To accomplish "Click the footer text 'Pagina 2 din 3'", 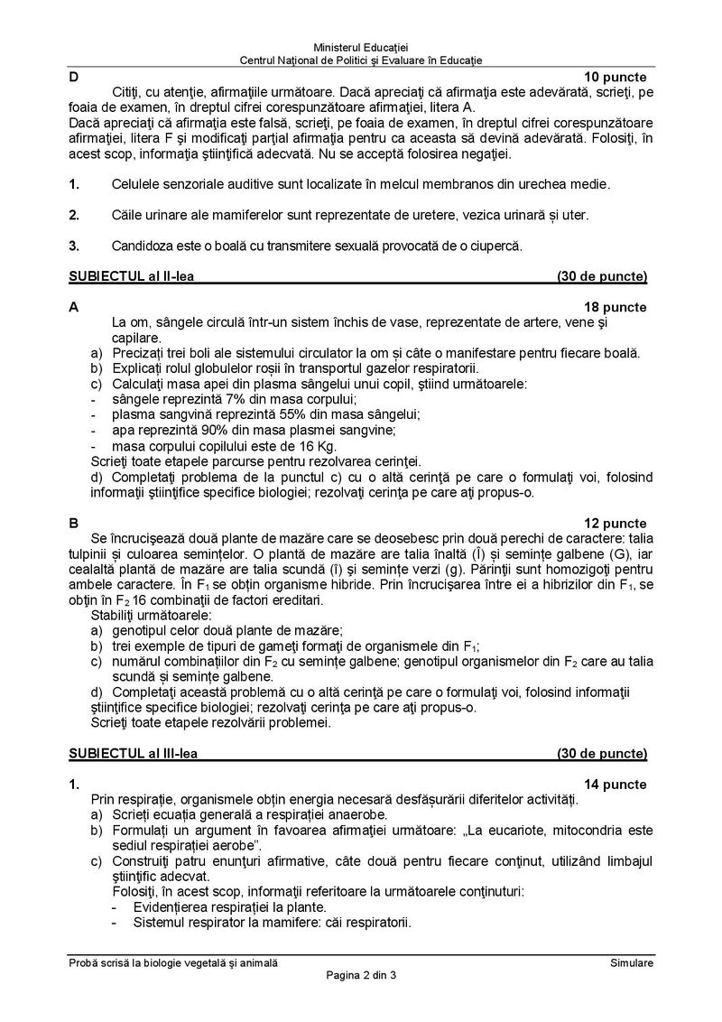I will [x=361, y=977].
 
